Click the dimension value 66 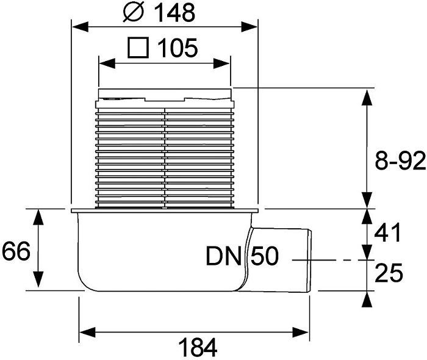[16, 250]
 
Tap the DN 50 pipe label [242, 257]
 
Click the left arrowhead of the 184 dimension [84, 332]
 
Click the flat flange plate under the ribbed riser [165, 211]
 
